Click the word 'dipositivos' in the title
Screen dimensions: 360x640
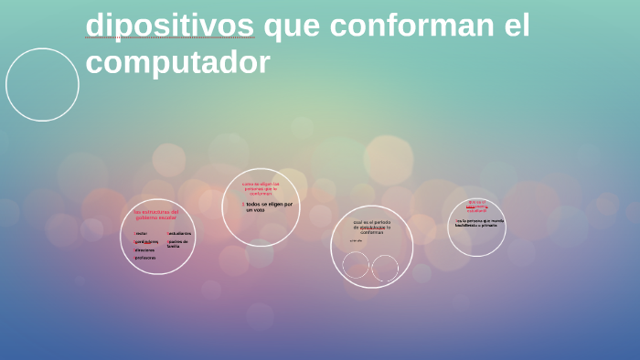point(171,26)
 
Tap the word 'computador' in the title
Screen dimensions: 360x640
point(177,62)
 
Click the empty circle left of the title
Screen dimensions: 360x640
point(42,85)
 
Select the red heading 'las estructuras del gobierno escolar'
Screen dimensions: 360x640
point(155,215)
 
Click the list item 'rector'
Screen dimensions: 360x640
point(141,233)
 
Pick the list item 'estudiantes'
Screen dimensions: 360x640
point(179,233)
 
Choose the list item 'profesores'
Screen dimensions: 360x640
point(144,258)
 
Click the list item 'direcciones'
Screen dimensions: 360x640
point(144,249)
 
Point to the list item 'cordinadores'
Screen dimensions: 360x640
point(146,241)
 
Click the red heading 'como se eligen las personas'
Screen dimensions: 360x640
point(261,188)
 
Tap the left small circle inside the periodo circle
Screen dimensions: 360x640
point(356,266)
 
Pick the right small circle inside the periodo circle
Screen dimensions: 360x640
point(385,268)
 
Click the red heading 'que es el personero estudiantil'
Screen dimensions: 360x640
point(476,206)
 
